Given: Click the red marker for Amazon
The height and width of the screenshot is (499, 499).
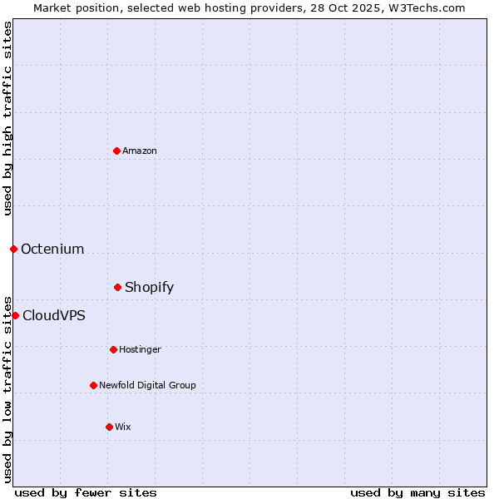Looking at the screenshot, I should pyautogui.click(x=116, y=151).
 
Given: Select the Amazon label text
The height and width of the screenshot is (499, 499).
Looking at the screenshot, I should pyautogui.click(x=140, y=151).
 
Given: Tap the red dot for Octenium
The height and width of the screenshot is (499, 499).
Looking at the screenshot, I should pyautogui.click(x=13, y=249).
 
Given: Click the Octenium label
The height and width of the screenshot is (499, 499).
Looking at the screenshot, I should pyautogui.click(x=52, y=249).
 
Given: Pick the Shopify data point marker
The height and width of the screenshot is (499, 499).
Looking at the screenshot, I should pyautogui.click(x=117, y=287).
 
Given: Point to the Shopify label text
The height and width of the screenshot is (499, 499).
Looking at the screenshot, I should pyautogui.click(x=149, y=288).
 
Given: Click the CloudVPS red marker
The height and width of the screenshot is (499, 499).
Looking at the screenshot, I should pyautogui.click(x=15, y=315).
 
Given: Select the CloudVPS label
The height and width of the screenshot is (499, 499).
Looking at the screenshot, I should pyautogui.click(x=53, y=315).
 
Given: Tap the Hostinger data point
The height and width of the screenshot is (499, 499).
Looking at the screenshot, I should pyautogui.click(x=113, y=349).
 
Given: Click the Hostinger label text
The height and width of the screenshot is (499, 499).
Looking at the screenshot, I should pyautogui.click(x=140, y=349).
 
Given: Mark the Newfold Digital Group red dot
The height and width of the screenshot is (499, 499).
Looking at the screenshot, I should pyautogui.click(x=93, y=385).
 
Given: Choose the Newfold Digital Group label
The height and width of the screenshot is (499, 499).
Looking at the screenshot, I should pyautogui.click(x=147, y=385).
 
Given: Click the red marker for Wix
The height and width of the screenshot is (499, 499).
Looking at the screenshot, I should pyautogui.click(x=109, y=427).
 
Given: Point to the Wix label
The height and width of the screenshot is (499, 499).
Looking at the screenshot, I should pyautogui.click(x=123, y=427).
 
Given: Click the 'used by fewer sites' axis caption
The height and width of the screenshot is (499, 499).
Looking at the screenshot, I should pyautogui.click(x=86, y=492).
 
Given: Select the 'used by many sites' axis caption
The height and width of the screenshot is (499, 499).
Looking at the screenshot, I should pyautogui.click(x=417, y=492).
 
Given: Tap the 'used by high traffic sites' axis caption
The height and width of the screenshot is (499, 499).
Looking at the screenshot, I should pyautogui.click(x=7, y=118).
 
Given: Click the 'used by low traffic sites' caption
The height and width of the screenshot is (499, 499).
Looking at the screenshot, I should pyautogui.click(x=7, y=388).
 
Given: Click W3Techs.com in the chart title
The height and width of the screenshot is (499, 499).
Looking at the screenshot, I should pyautogui.click(x=425, y=7).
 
